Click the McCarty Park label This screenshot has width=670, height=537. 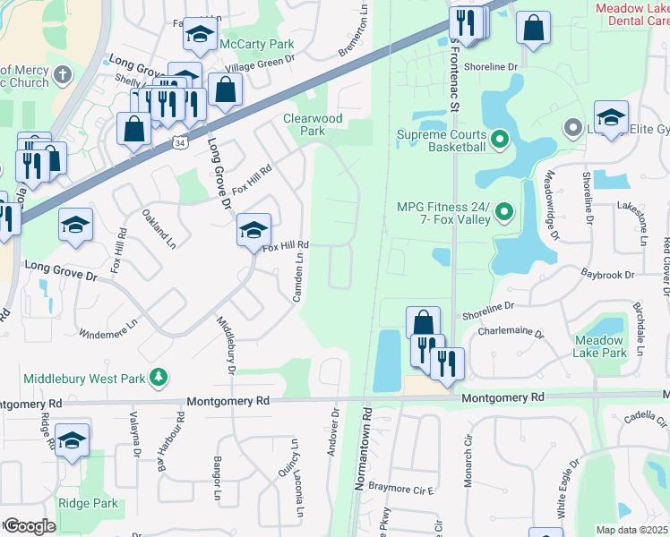(x=244, y=44)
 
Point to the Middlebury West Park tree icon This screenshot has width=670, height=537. (x=159, y=379)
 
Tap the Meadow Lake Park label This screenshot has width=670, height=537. (x=600, y=347)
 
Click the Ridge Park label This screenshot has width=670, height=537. (x=88, y=503)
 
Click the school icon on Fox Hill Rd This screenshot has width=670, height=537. (x=253, y=231)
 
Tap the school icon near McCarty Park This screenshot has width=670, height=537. (x=201, y=35)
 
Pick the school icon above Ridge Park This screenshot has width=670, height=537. (x=73, y=441)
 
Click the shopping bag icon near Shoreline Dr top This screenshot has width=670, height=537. (x=534, y=28)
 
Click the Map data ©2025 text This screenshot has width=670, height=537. (x=632, y=530)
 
